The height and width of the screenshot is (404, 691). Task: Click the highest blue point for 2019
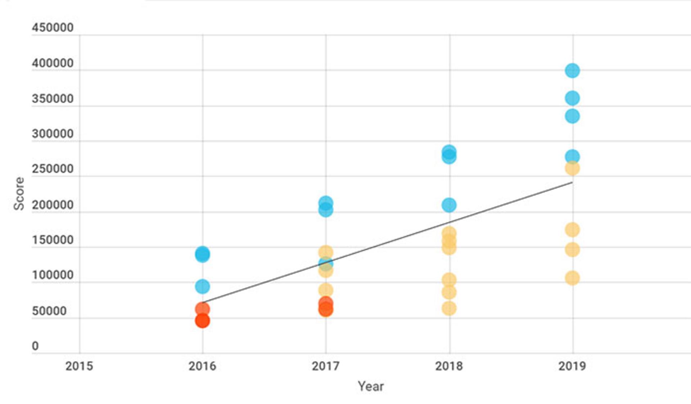point(572,71)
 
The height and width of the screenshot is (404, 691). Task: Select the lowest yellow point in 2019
point(572,278)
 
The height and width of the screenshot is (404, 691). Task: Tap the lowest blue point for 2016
point(202,287)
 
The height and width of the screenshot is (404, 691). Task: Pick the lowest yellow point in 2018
point(449,309)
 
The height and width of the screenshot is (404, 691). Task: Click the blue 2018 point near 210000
point(449,205)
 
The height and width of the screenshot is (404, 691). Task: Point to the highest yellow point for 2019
point(572,168)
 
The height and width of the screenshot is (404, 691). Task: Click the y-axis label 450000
point(53,28)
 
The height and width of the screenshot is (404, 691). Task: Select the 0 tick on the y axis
point(35,346)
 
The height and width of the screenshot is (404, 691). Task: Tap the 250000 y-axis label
point(53,169)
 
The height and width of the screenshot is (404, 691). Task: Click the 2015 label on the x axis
point(79,366)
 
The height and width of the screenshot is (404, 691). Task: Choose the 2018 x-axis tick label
point(449,366)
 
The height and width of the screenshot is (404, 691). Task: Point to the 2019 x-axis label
point(572,366)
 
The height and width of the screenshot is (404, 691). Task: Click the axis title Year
point(371,386)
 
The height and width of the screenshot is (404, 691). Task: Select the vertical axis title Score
point(19,193)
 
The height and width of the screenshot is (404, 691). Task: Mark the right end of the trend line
point(572,183)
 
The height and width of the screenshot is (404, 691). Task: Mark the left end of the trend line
point(203,302)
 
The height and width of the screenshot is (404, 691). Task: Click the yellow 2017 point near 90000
point(326,290)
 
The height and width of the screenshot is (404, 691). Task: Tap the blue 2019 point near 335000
point(572,116)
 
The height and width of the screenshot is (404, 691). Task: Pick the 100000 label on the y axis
point(53,275)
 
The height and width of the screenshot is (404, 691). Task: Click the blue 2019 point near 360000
point(572,98)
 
